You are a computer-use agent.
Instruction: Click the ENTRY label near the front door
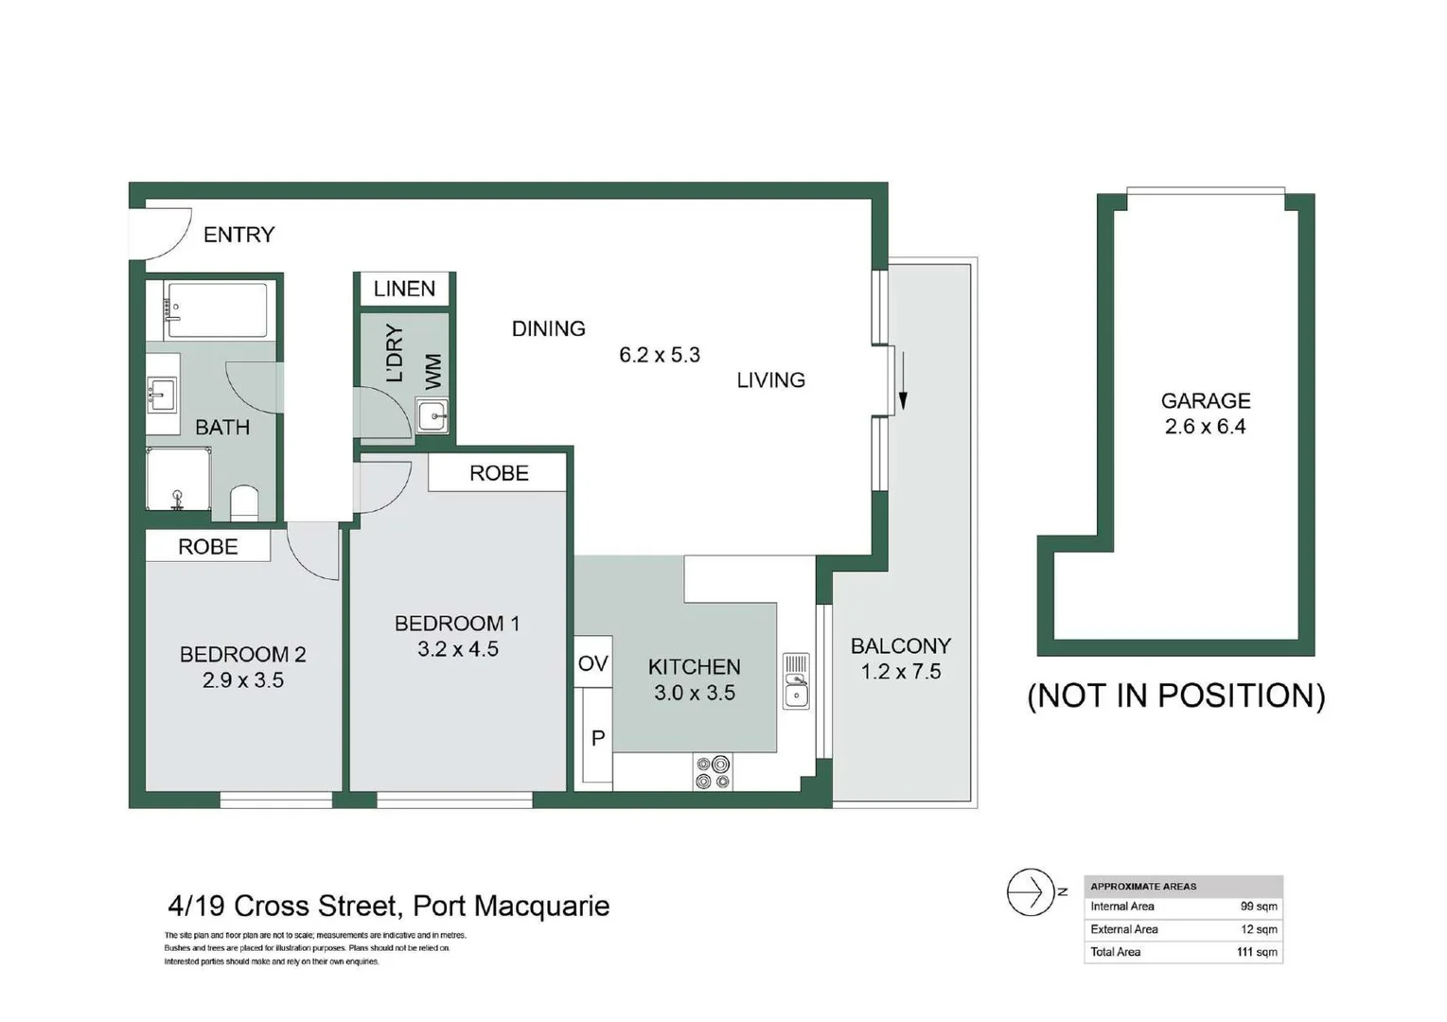click(x=238, y=235)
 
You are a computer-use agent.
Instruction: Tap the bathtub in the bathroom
click(x=216, y=309)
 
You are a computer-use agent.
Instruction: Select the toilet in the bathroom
click(x=244, y=502)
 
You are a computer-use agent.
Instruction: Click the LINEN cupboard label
click(x=404, y=289)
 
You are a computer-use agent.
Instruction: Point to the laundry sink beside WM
click(x=432, y=415)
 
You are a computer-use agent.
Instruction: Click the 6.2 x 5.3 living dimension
click(x=660, y=355)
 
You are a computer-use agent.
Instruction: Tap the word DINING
click(x=548, y=328)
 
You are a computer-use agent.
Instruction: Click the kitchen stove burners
click(x=713, y=771)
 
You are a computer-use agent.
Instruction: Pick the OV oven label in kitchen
click(x=592, y=663)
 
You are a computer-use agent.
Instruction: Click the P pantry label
click(x=598, y=737)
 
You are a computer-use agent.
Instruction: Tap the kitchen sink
click(x=796, y=681)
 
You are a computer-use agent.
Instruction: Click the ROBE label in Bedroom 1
click(x=499, y=473)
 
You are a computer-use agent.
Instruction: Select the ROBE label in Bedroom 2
click(x=208, y=547)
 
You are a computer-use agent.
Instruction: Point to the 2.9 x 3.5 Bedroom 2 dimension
click(x=243, y=680)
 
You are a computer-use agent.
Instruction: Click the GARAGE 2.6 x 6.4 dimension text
click(x=1205, y=427)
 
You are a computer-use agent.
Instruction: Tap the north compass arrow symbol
click(x=1031, y=891)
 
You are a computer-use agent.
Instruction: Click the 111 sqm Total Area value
click(x=1257, y=952)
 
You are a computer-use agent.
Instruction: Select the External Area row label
click(x=1124, y=929)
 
